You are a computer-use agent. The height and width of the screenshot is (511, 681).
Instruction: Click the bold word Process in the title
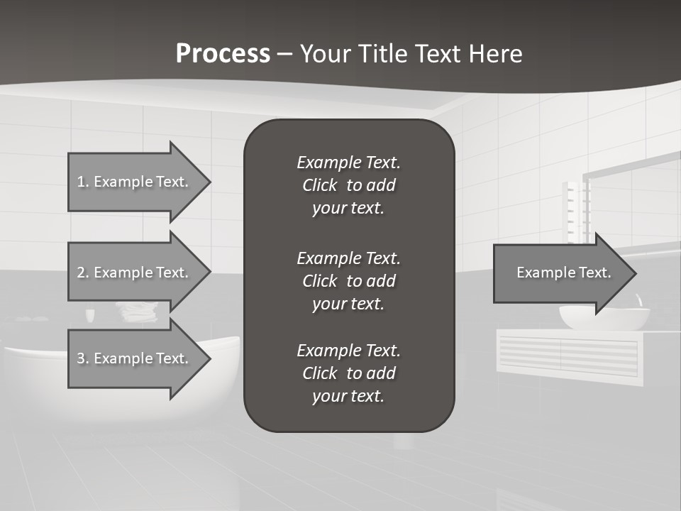tap(223, 54)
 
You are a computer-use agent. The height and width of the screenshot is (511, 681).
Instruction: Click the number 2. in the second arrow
tap(82, 273)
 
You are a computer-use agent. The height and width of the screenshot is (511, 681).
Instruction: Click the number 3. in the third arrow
tap(82, 358)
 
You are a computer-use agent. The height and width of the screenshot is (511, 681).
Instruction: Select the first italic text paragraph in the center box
tap(348, 185)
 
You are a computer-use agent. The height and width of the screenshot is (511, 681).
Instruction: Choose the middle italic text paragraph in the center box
tap(348, 281)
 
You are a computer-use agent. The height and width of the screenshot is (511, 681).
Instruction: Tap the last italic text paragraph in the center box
tap(348, 373)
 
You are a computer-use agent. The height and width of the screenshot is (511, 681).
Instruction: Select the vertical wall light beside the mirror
tap(575, 211)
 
